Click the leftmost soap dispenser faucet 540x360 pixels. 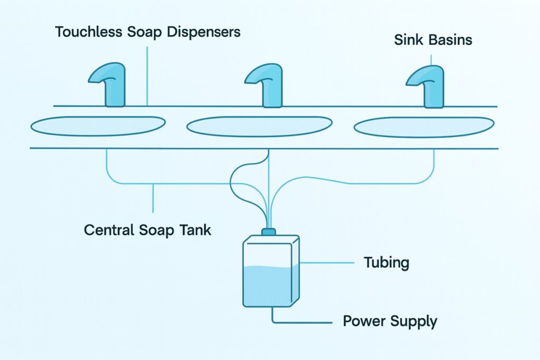[x=112, y=87]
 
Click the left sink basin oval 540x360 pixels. [x=98, y=125]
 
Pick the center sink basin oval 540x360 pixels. [x=259, y=127]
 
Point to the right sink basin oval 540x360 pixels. [x=423, y=127]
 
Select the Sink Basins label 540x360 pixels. [x=432, y=40]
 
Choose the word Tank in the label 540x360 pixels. [x=195, y=230]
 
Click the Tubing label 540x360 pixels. [x=387, y=262]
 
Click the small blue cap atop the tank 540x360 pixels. [x=268, y=232]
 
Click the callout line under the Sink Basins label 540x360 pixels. [x=431, y=60]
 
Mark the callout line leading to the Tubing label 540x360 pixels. [x=327, y=262]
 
